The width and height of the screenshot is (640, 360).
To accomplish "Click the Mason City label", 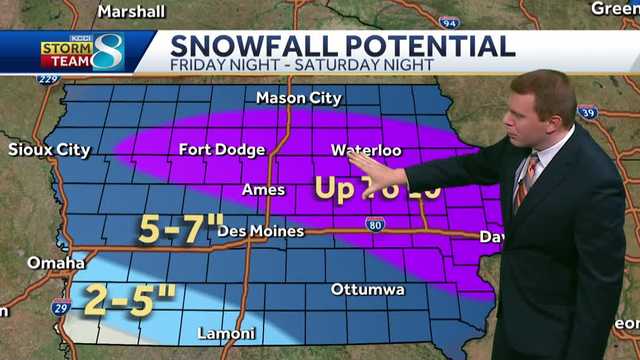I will (298, 98).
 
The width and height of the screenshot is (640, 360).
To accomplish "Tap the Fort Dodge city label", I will (222, 150).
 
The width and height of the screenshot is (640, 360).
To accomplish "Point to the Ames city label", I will (263, 190).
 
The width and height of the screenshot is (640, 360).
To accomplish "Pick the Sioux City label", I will (49, 150).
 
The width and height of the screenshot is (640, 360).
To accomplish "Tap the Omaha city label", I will (56, 262).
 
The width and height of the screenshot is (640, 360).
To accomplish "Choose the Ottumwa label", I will (369, 290).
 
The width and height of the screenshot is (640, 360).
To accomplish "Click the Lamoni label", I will (226, 333).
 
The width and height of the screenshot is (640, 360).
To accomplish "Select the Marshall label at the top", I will (131, 11).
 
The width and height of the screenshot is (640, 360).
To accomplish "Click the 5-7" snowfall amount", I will (180, 229).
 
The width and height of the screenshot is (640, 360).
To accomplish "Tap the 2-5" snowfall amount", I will (129, 298).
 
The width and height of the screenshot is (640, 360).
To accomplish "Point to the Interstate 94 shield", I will (449, 21).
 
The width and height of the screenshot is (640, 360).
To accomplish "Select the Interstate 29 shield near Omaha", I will (61, 305).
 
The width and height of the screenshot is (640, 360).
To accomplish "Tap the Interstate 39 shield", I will (588, 111).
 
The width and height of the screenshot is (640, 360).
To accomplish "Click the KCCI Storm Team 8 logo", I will (82, 52).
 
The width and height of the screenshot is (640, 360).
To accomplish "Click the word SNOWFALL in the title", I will (241, 46).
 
